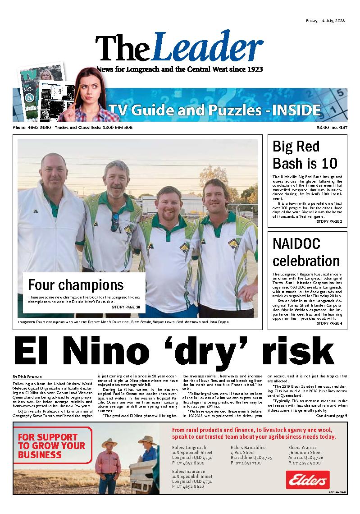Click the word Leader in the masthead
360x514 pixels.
209,48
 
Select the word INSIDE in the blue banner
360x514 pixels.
296,110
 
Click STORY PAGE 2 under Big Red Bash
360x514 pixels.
329,221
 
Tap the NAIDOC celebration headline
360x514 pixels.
306,252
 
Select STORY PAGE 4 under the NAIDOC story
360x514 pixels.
329,323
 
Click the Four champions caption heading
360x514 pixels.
76,285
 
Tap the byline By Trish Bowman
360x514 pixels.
28,376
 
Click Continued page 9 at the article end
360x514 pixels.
331,416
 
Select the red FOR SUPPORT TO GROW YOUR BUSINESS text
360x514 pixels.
51,445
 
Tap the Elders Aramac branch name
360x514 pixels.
304,447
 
